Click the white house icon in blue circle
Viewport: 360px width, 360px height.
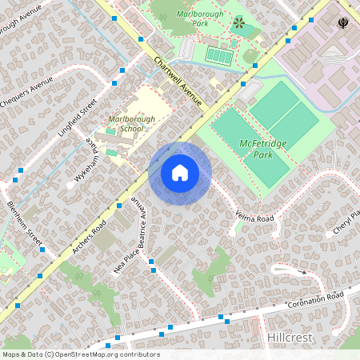pyautogui.click(x=180, y=173)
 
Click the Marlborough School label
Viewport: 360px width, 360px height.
pyautogui.click(x=126, y=123)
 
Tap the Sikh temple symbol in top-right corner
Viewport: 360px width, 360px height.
pyautogui.click(x=343, y=23)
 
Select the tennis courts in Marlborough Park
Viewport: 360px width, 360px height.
pyautogui.click(x=217, y=55)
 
